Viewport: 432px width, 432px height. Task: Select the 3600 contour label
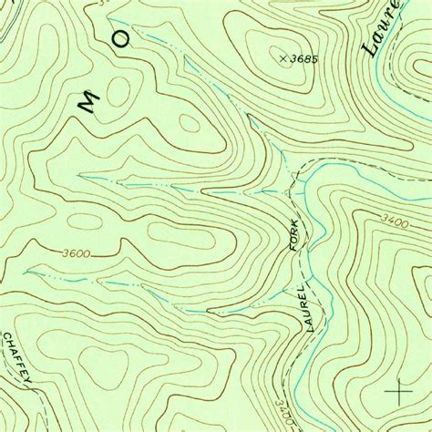pyautogui.click(x=77, y=253)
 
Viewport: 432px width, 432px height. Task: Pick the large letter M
pyautogui.click(x=87, y=106)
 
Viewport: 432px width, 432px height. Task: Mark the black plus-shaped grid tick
pyautogui.click(x=398, y=392)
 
